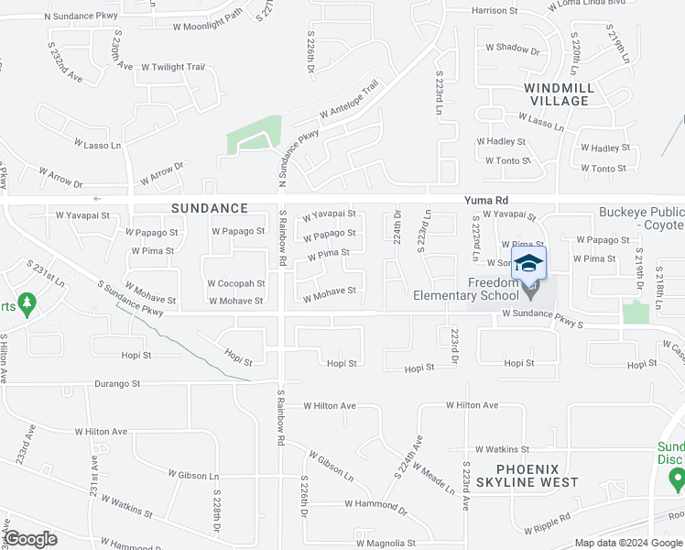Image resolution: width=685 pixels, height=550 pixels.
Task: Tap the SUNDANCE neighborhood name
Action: coord(210,209)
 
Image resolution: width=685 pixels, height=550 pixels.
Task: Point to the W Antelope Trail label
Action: coord(349,102)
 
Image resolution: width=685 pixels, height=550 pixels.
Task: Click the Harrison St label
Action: coord(495,11)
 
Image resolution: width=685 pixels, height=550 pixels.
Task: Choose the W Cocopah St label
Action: coord(235,284)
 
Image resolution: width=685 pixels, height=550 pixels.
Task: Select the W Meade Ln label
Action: coord(433,478)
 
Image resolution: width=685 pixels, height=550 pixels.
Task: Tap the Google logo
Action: coord(30,539)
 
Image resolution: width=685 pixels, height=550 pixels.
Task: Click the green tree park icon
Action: coord(27,302)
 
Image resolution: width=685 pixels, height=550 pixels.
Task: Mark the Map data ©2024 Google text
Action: coord(629,543)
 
